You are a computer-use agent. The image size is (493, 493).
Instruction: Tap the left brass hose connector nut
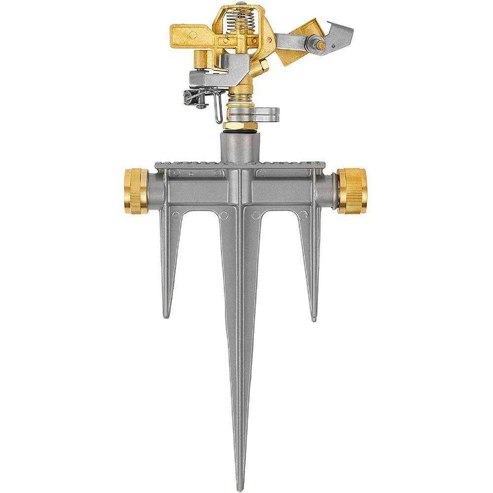(136, 191)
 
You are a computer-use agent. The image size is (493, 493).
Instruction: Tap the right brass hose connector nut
(352, 191)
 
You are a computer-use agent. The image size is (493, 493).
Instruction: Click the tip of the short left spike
(167, 316)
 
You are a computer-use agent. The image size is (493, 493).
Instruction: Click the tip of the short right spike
(314, 319)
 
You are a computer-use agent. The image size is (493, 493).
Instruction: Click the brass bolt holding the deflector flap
(320, 45)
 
